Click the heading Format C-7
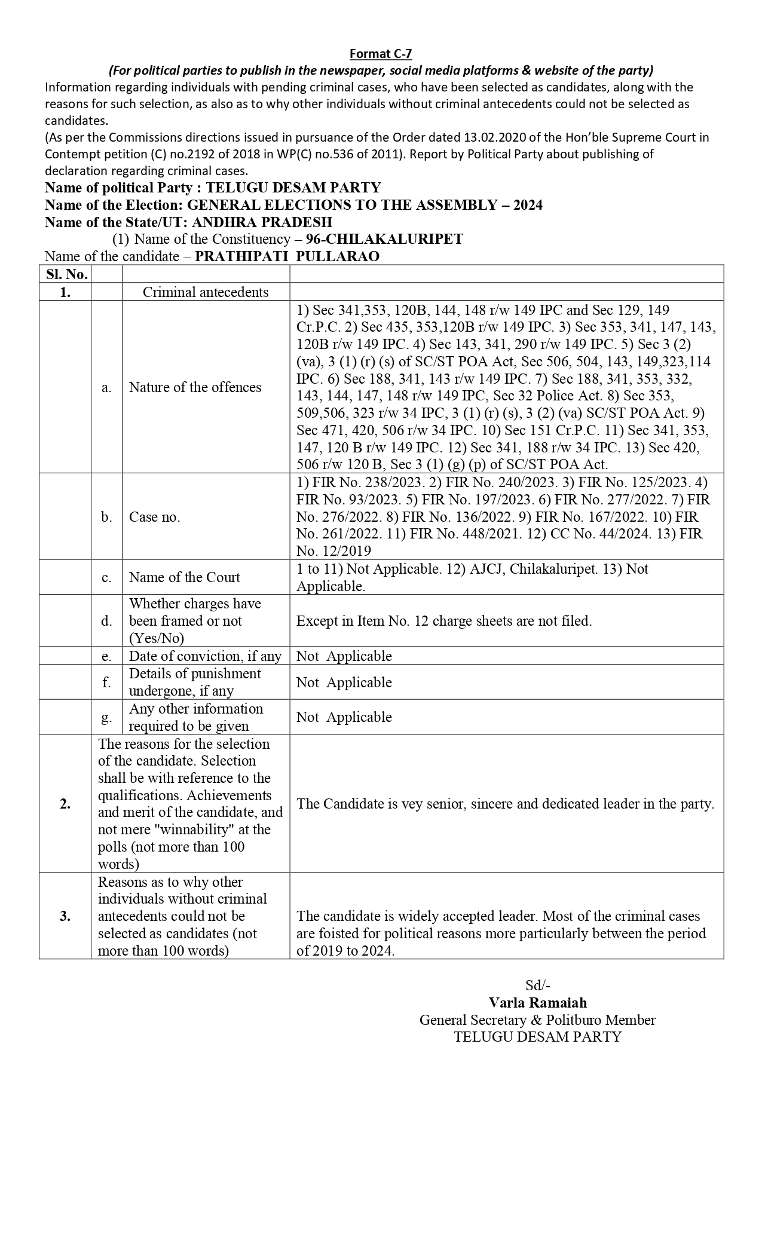coord(381,54)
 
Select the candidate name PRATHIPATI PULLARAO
coord(287,256)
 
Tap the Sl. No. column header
coord(65,274)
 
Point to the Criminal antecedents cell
coord(206,292)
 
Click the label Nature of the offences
coord(195,387)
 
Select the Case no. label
coord(154,517)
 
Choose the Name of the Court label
coord(184,577)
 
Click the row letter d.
coord(106,621)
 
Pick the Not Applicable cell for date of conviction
coord(344,656)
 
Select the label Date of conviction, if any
coord(205,656)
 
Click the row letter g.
coord(106,717)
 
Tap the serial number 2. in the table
coord(65,804)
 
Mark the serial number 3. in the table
coord(65,916)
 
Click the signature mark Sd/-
coord(537,985)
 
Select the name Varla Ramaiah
coord(537,1003)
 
